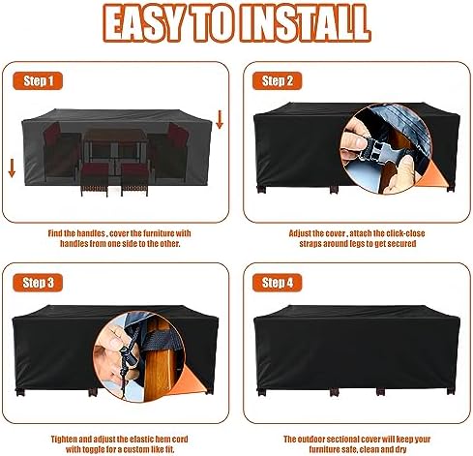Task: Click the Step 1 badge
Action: pyautogui.click(x=38, y=80)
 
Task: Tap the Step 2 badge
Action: pyautogui.click(x=278, y=80)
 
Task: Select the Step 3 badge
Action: pyautogui.click(x=38, y=283)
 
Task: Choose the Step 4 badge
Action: pyautogui.click(x=278, y=283)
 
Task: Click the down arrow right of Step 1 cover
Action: pyautogui.click(x=220, y=119)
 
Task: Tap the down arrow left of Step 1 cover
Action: pyautogui.click(x=12, y=167)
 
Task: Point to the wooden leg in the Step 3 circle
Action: pyautogui.click(x=158, y=361)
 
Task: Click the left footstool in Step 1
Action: pyautogui.click(x=94, y=179)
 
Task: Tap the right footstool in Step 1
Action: pyautogui.click(x=134, y=179)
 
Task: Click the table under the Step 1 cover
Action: pyautogui.click(x=115, y=145)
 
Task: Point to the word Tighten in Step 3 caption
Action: pyautogui.click(x=64, y=439)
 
